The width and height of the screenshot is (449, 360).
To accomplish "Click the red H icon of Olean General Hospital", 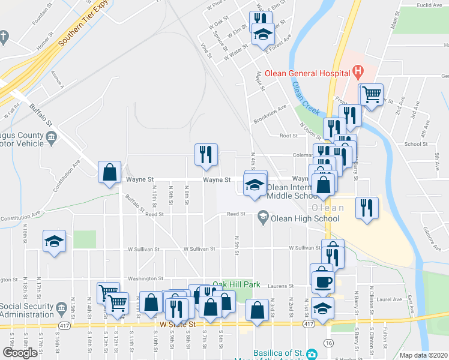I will tap(358, 73).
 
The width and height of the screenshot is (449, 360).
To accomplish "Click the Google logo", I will tap(20, 353).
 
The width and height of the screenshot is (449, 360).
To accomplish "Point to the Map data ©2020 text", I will tap(423, 355).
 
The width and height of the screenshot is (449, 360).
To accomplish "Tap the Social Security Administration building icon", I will tap(61, 310).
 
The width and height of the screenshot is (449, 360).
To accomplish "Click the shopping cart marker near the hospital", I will tap(371, 94).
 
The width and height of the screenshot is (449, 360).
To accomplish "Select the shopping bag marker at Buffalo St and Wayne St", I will tap(109, 173).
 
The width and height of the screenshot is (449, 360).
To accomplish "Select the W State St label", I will tap(178, 324).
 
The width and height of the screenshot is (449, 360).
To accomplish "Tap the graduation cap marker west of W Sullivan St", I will tap(54, 242).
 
